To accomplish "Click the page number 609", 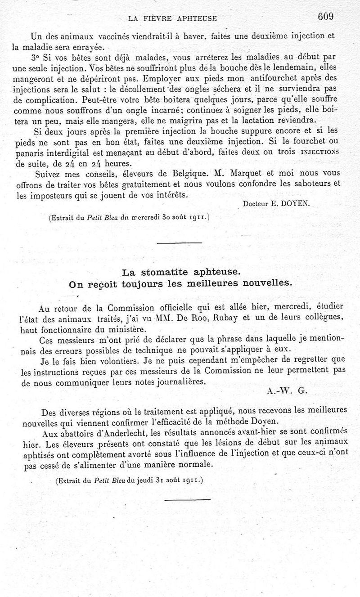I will pos(325,17).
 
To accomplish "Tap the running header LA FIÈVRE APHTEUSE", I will pos(172,18).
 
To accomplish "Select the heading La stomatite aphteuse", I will pos(181,272).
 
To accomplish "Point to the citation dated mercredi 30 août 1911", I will pos(129,218).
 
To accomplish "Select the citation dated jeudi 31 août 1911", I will pos(130,480).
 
